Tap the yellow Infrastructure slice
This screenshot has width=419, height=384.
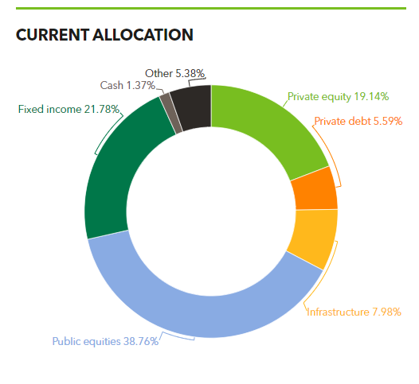click(311, 238)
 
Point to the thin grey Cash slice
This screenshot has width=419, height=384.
click(166, 103)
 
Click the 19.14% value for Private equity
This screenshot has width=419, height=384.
click(371, 97)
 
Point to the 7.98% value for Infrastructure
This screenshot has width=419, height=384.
click(382, 312)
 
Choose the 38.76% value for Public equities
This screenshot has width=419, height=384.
click(140, 342)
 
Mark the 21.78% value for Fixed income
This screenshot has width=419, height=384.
click(103, 109)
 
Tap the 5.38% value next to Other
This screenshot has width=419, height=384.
click(190, 73)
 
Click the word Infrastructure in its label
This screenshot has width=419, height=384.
click(338, 312)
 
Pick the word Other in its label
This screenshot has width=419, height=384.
click(159, 73)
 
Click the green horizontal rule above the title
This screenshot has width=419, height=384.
click(209, 8)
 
